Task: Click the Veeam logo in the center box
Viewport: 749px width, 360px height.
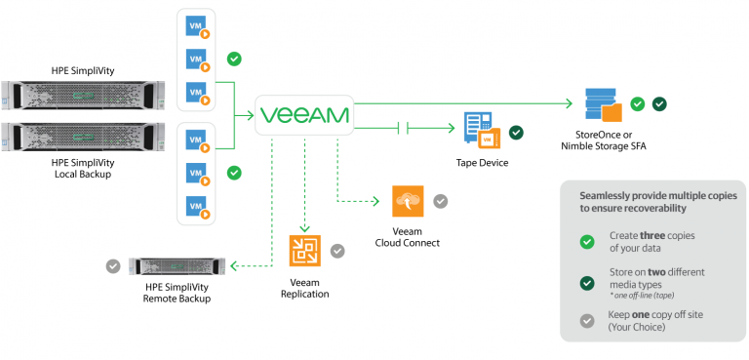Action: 303,115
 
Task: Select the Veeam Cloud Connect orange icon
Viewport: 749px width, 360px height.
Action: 408,201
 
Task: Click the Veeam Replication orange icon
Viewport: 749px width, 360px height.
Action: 304,251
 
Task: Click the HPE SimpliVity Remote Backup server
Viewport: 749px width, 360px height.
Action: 177,265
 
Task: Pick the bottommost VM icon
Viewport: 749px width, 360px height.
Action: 198,208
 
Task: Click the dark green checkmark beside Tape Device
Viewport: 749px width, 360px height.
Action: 516,133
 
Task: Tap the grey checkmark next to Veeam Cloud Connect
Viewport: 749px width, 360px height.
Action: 441,201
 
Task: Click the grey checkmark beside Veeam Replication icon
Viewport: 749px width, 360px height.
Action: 337,251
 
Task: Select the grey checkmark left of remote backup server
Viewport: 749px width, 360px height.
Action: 114,264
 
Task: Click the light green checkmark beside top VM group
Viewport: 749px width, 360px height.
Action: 234,60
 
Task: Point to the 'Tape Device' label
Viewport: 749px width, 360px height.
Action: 482,162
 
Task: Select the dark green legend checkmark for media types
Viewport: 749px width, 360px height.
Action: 586,283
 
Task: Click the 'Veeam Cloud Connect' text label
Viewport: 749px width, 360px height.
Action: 409,237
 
